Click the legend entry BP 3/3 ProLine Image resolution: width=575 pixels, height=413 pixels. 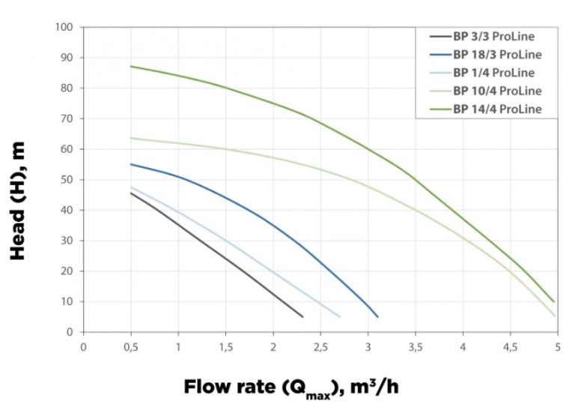(x=493, y=36)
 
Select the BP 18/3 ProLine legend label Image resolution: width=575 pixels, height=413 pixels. (x=496, y=55)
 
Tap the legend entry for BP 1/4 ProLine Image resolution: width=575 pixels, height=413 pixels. (x=493, y=73)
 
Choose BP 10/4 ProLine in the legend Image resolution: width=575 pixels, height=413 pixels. (x=496, y=91)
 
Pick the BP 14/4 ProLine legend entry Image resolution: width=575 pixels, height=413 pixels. (x=496, y=109)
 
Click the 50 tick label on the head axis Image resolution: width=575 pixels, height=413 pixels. (x=67, y=180)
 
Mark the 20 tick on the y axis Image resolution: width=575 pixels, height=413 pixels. (x=67, y=271)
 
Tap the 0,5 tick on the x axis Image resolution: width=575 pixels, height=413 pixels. (x=131, y=346)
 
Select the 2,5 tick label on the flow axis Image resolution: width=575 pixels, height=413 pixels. (x=320, y=346)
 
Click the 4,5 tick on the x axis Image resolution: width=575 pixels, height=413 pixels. (x=511, y=346)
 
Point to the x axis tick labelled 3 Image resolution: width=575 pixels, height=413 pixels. (x=368, y=346)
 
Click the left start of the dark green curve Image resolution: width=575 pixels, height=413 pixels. (x=131, y=67)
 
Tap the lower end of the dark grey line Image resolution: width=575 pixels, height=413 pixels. (x=302, y=316)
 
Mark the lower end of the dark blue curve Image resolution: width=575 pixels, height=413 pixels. (x=377, y=316)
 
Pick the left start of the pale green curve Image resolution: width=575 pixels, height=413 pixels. (x=131, y=138)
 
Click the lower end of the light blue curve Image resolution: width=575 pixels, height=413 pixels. (x=340, y=316)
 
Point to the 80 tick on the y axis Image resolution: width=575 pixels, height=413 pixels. (x=67, y=88)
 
